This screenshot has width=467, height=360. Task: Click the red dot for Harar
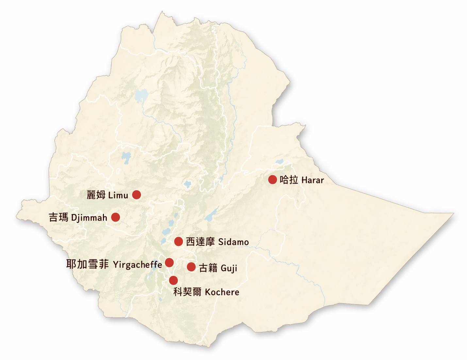[x=272, y=180]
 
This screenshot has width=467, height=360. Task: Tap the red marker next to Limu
[x=137, y=195]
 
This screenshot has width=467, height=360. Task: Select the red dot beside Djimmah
[x=115, y=217]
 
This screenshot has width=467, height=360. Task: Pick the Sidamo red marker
[x=178, y=242]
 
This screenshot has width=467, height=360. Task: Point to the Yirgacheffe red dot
[x=169, y=263]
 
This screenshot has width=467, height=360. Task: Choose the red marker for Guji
[x=191, y=267]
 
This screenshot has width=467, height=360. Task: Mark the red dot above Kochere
[x=174, y=280]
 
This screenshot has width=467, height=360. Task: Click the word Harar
[x=313, y=180]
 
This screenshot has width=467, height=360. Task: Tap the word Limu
[x=118, y=196]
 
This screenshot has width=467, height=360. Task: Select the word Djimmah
[x=89, y=218]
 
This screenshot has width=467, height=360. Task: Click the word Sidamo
[x=233, y=242]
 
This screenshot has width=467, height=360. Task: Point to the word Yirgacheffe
[x=137, y=265]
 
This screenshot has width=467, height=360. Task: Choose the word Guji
[x=229, y=268]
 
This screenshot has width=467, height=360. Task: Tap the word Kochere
[x=222, y=292]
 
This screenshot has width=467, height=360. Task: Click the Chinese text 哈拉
[x=289, y=180]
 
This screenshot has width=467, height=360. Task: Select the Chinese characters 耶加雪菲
[x=87, y=264]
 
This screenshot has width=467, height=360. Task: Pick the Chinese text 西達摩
[x=200, y=242]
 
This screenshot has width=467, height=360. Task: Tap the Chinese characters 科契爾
[x=187, y=292]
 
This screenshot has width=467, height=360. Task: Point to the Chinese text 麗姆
[x=96, y=195]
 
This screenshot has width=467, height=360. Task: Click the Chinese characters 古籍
[x=208, y=268]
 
